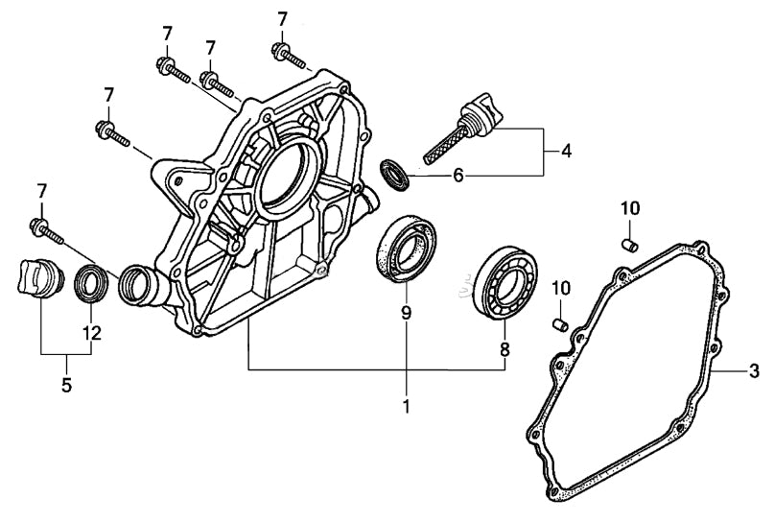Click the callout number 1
point(406,406)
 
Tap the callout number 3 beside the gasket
point(754,370)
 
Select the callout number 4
point(566,151)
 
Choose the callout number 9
point(406,313)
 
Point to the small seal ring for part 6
point(395,175)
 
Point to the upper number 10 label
point(628,208)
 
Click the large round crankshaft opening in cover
point(287,173)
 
